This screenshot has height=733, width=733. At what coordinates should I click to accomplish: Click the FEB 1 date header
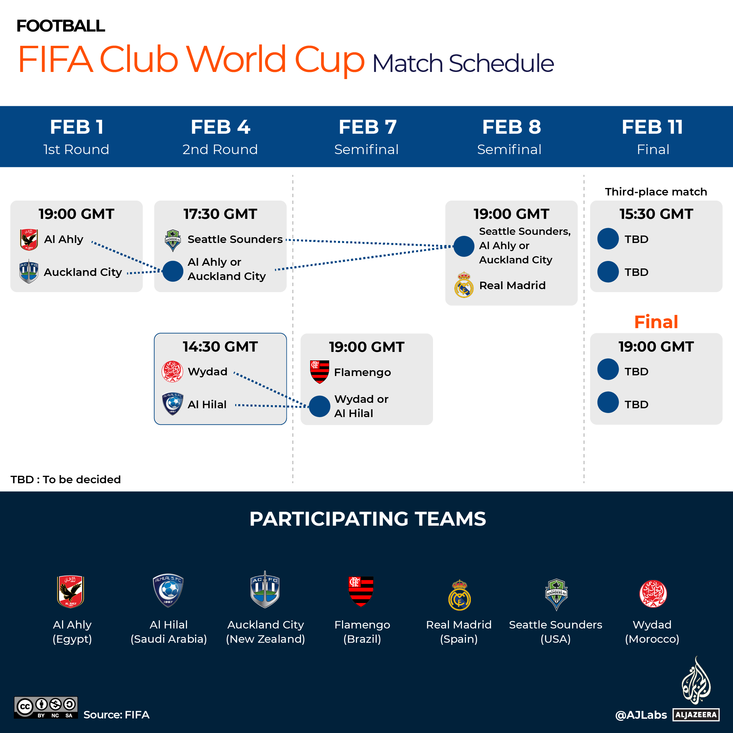tap(77, 127)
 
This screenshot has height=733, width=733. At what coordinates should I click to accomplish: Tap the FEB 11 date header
tap(652, 127)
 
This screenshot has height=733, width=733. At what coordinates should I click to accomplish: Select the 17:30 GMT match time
tap(220, 214)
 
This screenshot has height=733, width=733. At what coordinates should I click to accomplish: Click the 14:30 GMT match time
tap(220, 346)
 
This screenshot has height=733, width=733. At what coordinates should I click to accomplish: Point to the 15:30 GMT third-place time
tap(656, 214)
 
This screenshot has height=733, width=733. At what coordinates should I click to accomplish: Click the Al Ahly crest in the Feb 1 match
tap(29, 239)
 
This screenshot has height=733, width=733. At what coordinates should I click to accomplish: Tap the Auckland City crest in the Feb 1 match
tap(29, 271)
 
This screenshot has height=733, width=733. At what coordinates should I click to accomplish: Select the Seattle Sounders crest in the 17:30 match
tap(173, 240)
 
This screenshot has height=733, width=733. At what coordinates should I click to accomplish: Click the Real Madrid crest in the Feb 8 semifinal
tap(464, 285)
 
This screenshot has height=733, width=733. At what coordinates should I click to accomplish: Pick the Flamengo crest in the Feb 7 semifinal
tap(319, 372)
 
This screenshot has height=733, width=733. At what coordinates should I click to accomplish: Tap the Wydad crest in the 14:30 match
tap(172, 372)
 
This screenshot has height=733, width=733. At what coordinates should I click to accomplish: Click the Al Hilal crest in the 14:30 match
tap(173, 404)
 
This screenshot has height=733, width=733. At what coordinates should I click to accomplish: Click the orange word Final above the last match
tap(656, 322)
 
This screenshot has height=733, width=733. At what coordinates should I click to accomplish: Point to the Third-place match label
tap(656, 192)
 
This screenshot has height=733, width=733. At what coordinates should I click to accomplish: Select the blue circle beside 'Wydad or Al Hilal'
tap(319, 406)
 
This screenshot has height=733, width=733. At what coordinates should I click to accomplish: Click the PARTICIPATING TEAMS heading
tap(367, 519)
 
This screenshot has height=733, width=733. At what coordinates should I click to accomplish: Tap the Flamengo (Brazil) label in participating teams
tap(362, 632)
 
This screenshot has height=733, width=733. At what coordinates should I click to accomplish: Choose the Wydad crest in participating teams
tap(653, 594)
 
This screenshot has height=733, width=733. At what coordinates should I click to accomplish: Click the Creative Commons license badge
tap(46, 707)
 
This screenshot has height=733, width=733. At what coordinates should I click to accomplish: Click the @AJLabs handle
tap(641, 715)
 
